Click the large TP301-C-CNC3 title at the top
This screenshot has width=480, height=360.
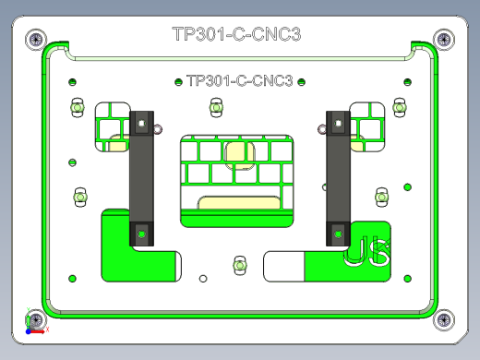pos(237,35)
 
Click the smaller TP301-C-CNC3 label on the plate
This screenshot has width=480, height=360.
pos(239,80)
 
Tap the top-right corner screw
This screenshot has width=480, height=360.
pos(443,39)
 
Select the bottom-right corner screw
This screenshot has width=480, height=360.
pos(444,320)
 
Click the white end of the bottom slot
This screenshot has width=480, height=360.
pos(283,266)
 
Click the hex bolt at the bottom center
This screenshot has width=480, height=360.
pos(239,266)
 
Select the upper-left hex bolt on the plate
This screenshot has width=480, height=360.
pos(78,108)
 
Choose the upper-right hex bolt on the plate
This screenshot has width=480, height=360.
pos(400,108)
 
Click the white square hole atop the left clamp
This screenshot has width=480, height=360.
pos(141,120)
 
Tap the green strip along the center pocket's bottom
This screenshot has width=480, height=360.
pos(237,220)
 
